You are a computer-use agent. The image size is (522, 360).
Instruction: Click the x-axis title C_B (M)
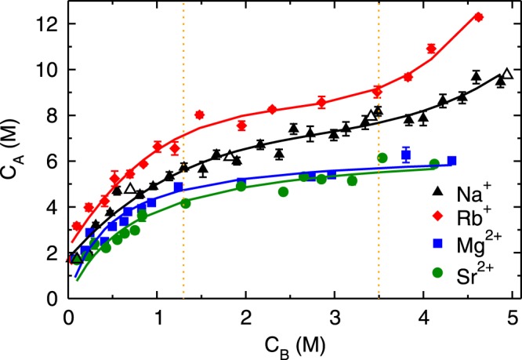289,344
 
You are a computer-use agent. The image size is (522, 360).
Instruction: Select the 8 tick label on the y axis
49,115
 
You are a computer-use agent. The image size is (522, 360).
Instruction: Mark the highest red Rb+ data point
478,17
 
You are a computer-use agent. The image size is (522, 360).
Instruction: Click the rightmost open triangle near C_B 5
507,74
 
